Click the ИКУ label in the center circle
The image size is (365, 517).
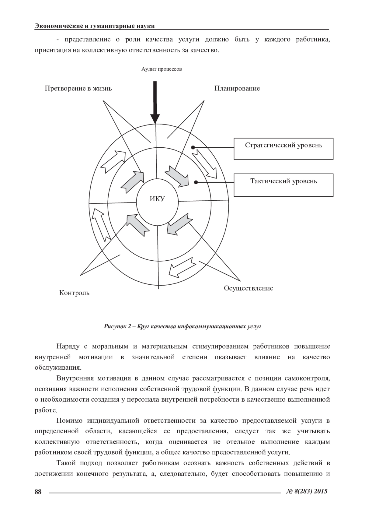pos(157,199)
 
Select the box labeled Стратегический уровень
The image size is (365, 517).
pos(283,149)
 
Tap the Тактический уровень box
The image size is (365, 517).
pos(283,185)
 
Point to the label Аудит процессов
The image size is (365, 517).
pos(162,69)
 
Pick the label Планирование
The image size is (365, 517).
pos(237,89)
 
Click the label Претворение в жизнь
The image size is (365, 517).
pos(78,89)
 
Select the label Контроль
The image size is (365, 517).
pos(74,293)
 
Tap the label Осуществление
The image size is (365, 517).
pos(248,288)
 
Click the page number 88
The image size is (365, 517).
pos(38,491)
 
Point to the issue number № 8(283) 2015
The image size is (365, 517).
pos(307,491)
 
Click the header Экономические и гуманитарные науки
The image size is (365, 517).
pos(95,26)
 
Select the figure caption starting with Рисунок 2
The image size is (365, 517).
pos(182,327)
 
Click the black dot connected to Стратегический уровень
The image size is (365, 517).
pos(193,147)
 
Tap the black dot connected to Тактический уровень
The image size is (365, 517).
pos(196,182)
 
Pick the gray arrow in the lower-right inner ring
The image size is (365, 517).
pos(180,224)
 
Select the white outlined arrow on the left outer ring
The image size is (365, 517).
pos(101,224)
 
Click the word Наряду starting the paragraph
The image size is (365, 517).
pos(68,346)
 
